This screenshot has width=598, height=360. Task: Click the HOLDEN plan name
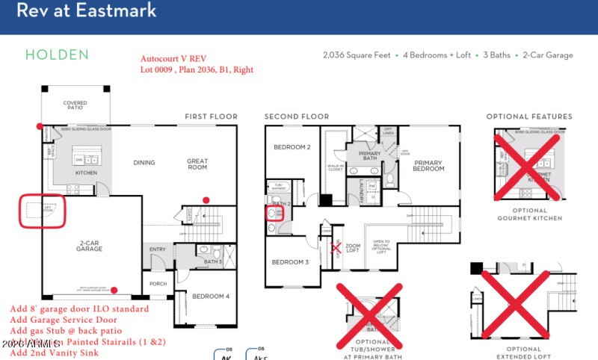point(57,55)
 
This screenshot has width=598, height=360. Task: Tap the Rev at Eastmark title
point(87,10)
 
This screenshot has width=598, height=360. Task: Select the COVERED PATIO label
point(75,106)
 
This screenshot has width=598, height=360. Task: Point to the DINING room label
point(144,162)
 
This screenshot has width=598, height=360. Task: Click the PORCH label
point(158,284)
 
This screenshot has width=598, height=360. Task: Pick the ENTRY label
point(158,249)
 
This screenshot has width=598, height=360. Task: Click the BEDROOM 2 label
point(292,147)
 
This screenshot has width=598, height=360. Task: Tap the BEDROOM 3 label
point(290,262)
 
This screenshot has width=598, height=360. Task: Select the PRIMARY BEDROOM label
point(429,166)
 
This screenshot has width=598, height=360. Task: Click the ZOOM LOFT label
point(353,248)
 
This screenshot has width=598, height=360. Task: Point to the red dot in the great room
point(207,199)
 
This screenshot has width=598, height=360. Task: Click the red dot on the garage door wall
point(114,291)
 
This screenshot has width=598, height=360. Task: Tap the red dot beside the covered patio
point(40,126)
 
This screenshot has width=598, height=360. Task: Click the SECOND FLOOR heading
point(297,117)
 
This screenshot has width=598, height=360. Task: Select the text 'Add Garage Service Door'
point(64,320)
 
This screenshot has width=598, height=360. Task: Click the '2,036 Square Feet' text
point(359,55)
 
